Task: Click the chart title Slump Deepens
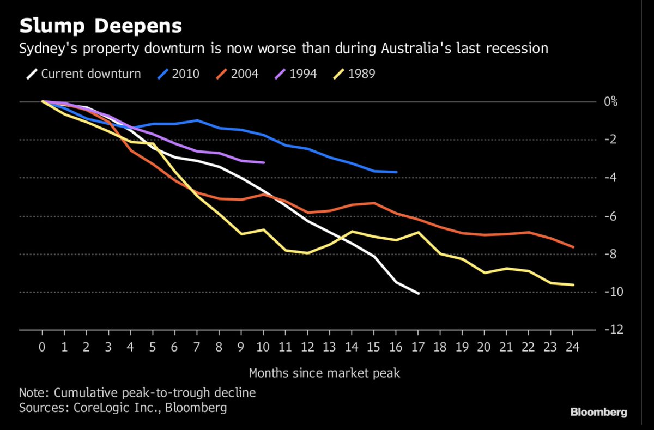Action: coord(101,26)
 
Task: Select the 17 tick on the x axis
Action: coord(418,347)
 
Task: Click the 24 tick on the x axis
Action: coord(573,347)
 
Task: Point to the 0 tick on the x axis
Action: coord(42,347)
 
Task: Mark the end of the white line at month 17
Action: coord(418,293)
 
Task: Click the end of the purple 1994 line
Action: coord(263,162)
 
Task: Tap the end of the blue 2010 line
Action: coord(396,172)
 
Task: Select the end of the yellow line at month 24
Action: coord(573,284)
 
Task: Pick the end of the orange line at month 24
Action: coord(573,247)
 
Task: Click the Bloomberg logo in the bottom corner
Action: coord(598,412)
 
